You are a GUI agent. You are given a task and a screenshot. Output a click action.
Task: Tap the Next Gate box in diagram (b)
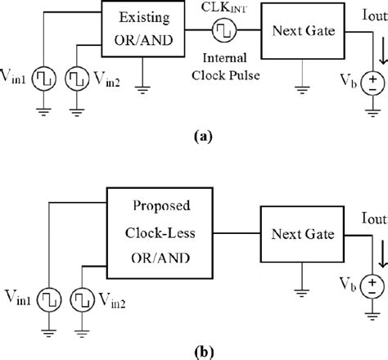299,235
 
